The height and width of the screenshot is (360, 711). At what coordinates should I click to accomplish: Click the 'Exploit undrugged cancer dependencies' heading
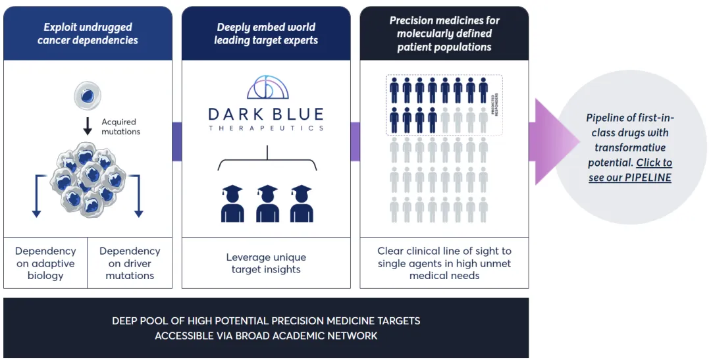(88, 34)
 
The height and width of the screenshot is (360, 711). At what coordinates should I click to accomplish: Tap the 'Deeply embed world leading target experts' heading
(266, 34)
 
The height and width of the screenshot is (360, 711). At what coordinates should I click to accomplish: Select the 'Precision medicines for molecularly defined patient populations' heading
(444, 34)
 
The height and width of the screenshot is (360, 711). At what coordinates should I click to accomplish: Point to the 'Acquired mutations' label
(120, 126)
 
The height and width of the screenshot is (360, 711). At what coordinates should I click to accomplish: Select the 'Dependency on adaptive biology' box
(45, 263)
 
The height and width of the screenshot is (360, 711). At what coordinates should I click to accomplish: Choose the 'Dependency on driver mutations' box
(130, 263)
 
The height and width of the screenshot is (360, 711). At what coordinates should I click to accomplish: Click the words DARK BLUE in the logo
(266, 114)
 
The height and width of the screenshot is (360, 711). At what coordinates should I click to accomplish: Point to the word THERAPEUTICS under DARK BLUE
(266, 128)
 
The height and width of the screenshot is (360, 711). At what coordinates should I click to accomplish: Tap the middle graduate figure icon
(267, 203)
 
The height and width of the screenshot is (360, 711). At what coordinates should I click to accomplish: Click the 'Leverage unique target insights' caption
(266, 263)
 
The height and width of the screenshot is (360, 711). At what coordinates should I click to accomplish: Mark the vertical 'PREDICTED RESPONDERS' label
(494, 105)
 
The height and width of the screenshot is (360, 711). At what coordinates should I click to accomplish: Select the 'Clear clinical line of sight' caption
(444, 263)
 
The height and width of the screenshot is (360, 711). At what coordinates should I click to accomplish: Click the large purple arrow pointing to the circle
(548, 141)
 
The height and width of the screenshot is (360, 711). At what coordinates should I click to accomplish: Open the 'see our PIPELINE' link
(630, 178)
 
